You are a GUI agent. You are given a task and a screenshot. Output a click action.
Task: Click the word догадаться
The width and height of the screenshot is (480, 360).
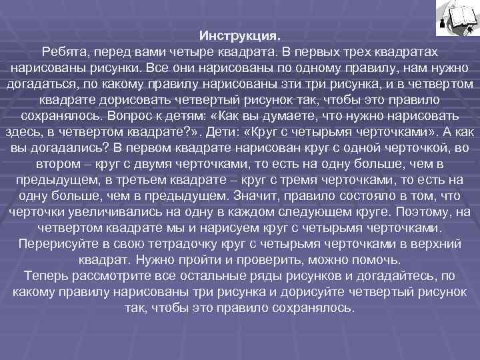(37, 83)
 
